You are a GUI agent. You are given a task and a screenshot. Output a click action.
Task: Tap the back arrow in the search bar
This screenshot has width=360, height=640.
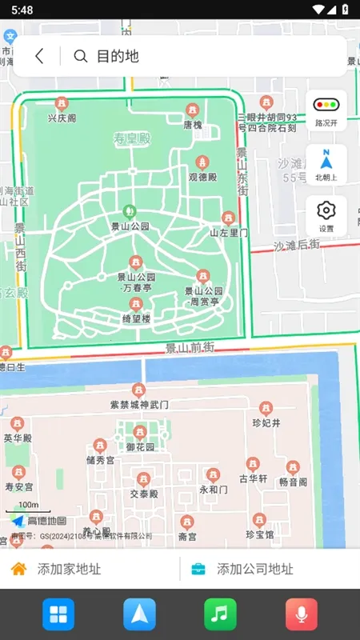(x=39, y=56)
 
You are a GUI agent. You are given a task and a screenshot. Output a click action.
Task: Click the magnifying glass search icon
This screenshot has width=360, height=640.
(x=80, y=56)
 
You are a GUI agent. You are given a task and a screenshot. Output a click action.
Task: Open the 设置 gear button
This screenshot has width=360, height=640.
(x=326, y=215)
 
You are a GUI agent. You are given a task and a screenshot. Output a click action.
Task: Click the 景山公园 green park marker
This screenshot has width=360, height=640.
(x=130, y=212)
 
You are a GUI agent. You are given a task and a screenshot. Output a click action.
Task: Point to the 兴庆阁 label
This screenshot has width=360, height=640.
(x=62, y=118)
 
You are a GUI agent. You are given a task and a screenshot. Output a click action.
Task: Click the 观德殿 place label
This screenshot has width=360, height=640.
(x=202, y=176)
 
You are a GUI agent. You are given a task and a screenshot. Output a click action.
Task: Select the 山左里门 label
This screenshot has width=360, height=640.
(x=229, y=232)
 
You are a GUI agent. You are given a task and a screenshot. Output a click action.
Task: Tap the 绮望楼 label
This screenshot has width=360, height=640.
(x=136, y=318)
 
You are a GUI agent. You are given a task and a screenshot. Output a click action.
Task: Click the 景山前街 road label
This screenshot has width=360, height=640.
(x=190, y=347)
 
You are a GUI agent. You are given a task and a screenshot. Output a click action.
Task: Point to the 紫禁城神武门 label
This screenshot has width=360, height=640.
(x=139, y=404)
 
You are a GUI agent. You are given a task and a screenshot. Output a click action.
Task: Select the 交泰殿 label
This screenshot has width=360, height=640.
(x=144, y=494)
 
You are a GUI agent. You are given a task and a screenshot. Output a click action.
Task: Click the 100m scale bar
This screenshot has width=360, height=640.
(x=28, y=509)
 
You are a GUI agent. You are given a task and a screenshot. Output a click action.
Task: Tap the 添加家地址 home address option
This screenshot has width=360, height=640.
(x=68, y=569)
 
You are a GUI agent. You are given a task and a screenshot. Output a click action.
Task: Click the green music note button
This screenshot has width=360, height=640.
(x=220, y=614)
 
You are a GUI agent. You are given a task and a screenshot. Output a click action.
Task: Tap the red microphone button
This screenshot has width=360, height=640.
(x=302, y=614)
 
